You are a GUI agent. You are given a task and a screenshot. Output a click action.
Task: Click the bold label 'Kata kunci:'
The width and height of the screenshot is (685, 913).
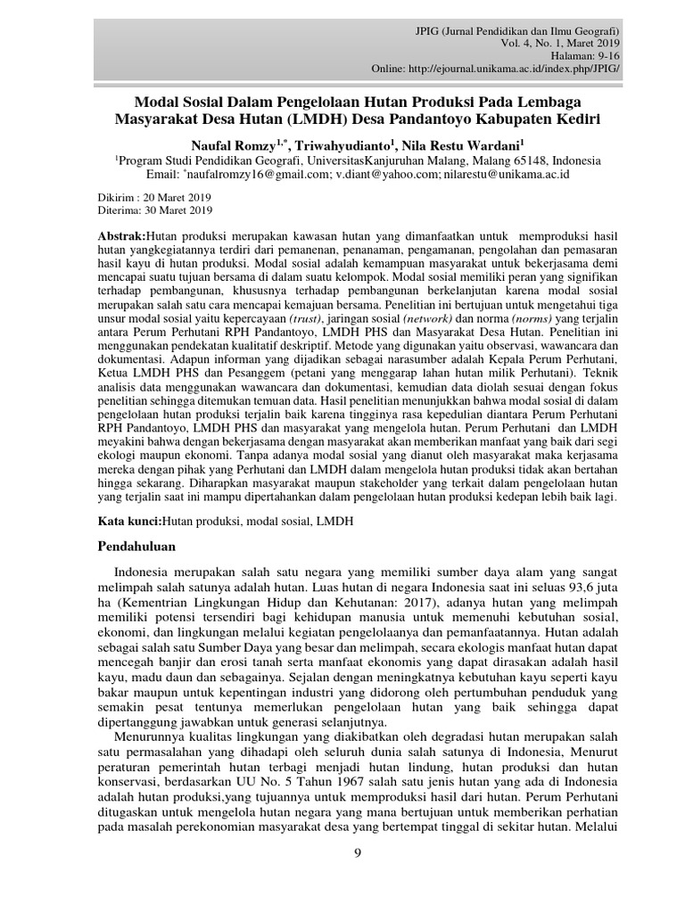tap(128, 519)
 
